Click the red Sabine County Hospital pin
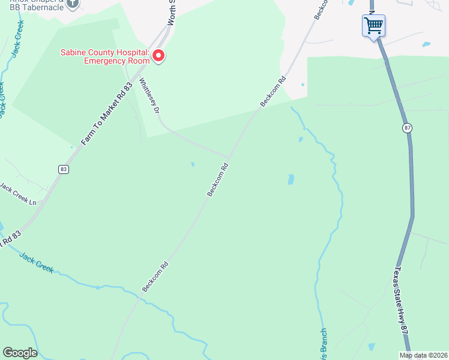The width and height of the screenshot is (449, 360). click(x=158, y=56)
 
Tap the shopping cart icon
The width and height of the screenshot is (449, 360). click(x=373, y=26)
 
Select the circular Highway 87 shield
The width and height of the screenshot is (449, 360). click(x=408, y=128)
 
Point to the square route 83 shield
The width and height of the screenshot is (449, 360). click(x=64, y=170)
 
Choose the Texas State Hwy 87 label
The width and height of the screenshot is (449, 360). click(x=403, y=307)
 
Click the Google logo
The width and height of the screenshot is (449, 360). click(x=20, y=353)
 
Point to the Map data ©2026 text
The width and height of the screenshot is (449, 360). click(x=424, y=355)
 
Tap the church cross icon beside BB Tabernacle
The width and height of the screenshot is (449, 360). click(x=73, y=3)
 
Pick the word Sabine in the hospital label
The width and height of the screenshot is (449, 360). click(x=73, y=52)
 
